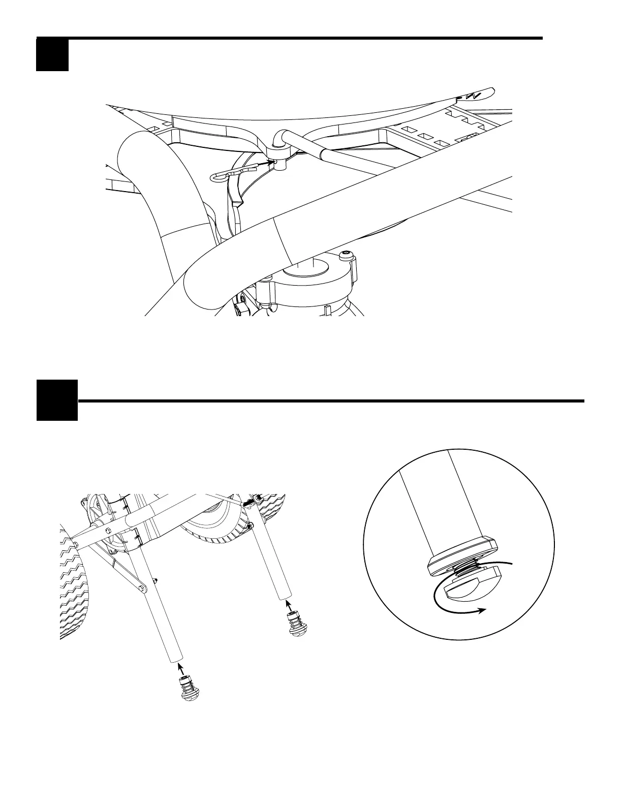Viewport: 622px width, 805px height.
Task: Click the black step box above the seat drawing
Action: point(52,55)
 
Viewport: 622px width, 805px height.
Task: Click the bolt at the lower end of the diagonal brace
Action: point(141,589)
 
